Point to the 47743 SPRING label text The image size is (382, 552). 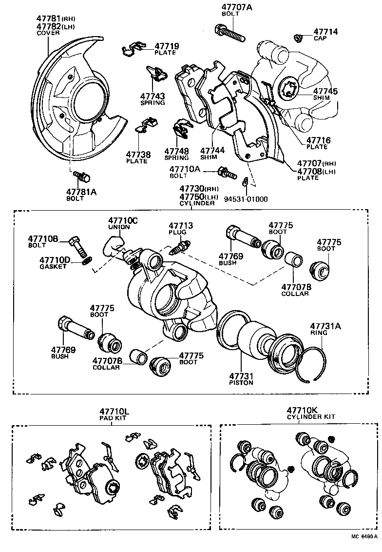(153, 99)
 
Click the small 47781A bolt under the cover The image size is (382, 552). (79, 175)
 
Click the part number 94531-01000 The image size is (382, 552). (247, 199)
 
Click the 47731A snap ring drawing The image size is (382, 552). (312, 366)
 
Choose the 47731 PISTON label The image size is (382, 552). (241, 379)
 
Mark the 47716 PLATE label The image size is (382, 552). (318, 143)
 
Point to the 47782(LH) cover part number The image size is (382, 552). (56, 26)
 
